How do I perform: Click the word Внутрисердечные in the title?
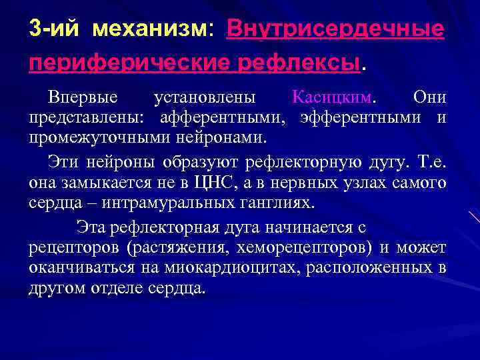tap(335, 29)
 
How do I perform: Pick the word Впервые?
tap(83, 97)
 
